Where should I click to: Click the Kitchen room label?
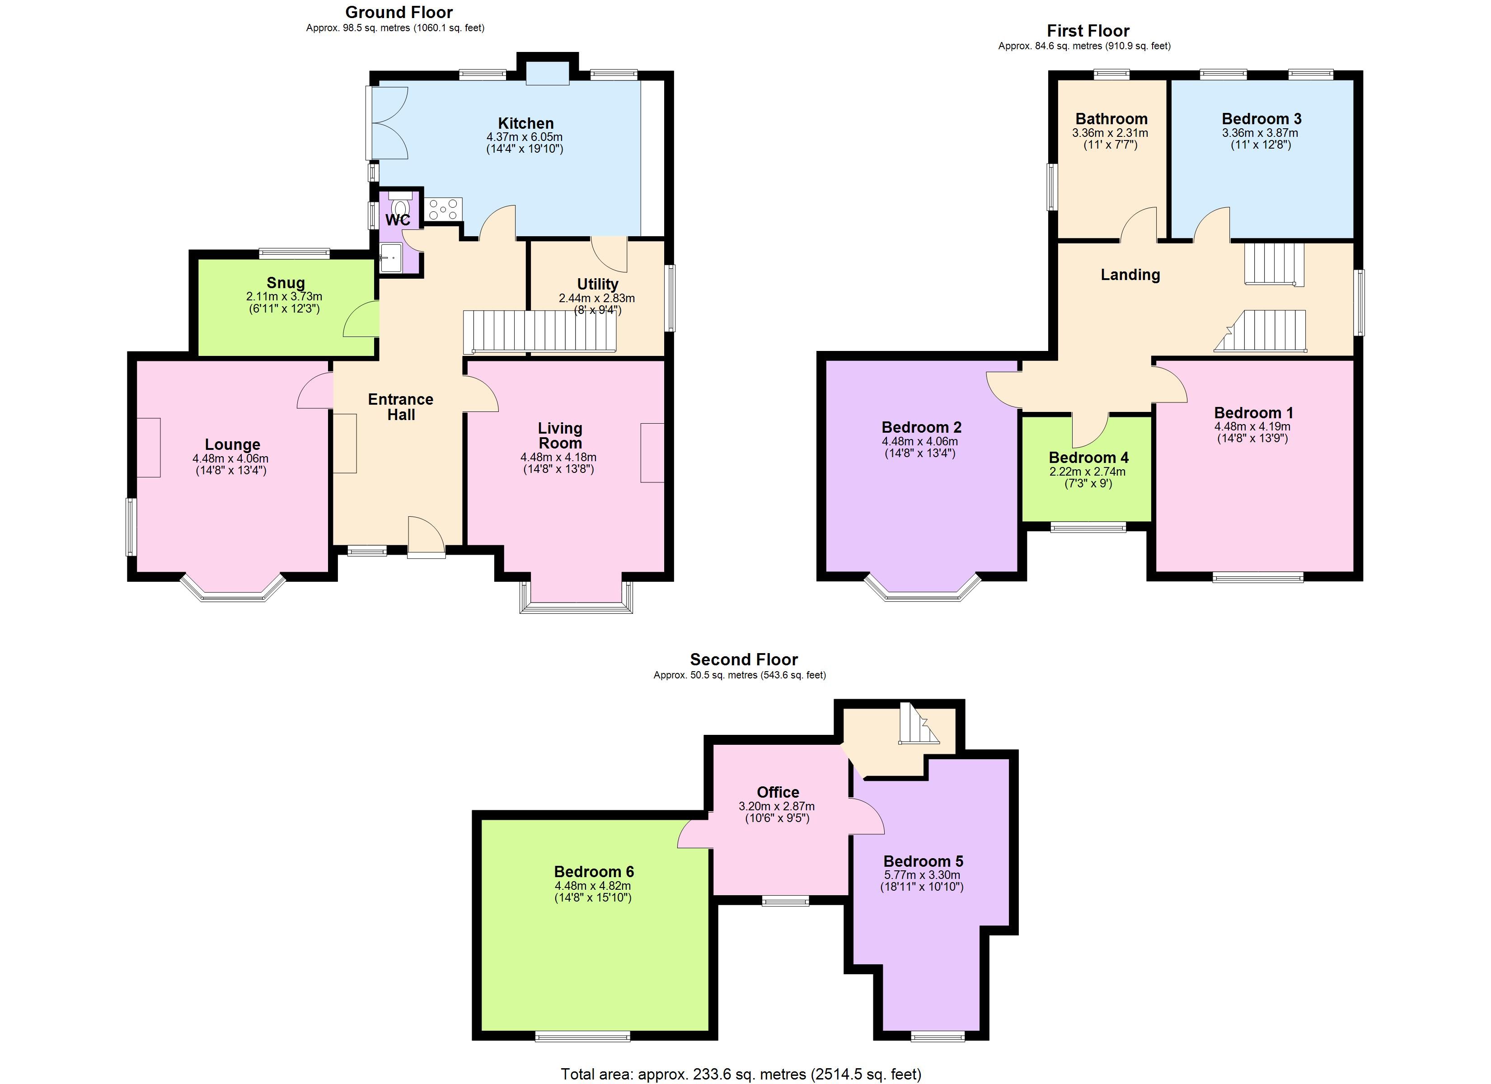[x=525, y=123]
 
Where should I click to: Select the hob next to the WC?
[x=444, y=210]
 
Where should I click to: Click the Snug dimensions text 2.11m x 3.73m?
[x=284, y=296]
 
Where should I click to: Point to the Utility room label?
[x=597, y=284]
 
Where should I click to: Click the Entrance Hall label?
[x=400, y=407]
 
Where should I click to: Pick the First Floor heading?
[x=1088, y=30]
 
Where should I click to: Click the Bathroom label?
[x=1111, y=118]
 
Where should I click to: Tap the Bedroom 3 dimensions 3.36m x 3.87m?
[x=1260, y=133]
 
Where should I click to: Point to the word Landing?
[x=1130, y=275]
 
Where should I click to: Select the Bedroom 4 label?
[x=1089, y=458]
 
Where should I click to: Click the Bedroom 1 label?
[x=1254, y=413]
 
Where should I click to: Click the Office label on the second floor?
[x=778, y=792]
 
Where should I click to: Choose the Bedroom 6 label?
[x=594, y=872]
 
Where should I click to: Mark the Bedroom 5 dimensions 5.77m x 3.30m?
[x=922, y=875]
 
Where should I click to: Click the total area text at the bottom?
[x=741, y=1074]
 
